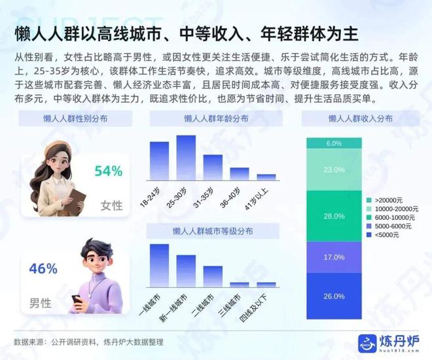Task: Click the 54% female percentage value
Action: pos(108,171)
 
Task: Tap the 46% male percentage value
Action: pos(43,268)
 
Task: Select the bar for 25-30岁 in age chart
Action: pos(186,157)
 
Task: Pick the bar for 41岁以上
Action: pos(266,176)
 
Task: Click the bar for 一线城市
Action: pos(160,264)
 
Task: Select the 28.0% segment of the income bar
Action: pos(334,216)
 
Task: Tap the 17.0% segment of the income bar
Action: pos(334,257)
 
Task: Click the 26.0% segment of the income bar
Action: pos(334,297)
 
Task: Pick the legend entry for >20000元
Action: pos(390,200)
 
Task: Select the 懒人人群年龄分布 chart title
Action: pos(213,119)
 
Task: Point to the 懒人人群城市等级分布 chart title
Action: pos(213,232)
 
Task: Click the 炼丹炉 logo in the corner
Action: pos(386,341)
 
